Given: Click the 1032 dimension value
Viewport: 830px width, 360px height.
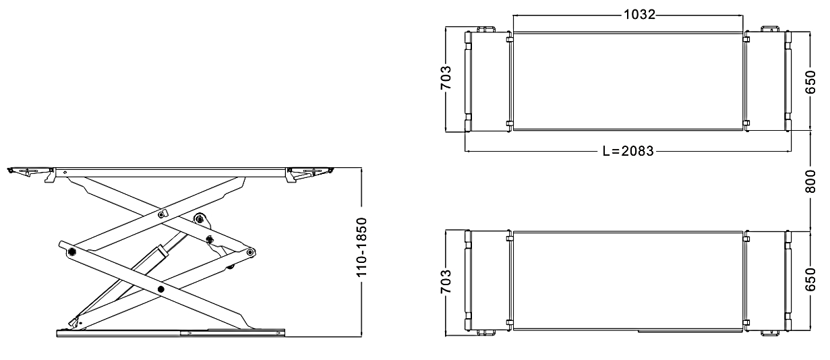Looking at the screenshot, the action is pos(640,15).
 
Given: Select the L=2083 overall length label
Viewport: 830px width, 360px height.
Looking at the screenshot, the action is pos(628,151).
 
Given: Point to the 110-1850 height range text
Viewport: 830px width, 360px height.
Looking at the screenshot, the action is pos(361,247).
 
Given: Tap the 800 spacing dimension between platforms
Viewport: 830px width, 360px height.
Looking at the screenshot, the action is pos(810,181).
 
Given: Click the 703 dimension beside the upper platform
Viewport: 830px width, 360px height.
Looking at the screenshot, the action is pos(446,78).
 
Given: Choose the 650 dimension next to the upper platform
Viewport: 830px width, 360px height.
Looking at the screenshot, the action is pos(810,82).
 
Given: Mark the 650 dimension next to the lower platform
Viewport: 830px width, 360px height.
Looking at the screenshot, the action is pos(810,279).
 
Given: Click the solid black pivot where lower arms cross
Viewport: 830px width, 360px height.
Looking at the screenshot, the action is pos(160,289).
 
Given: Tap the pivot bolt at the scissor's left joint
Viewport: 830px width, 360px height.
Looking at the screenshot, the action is pos(71,252).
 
